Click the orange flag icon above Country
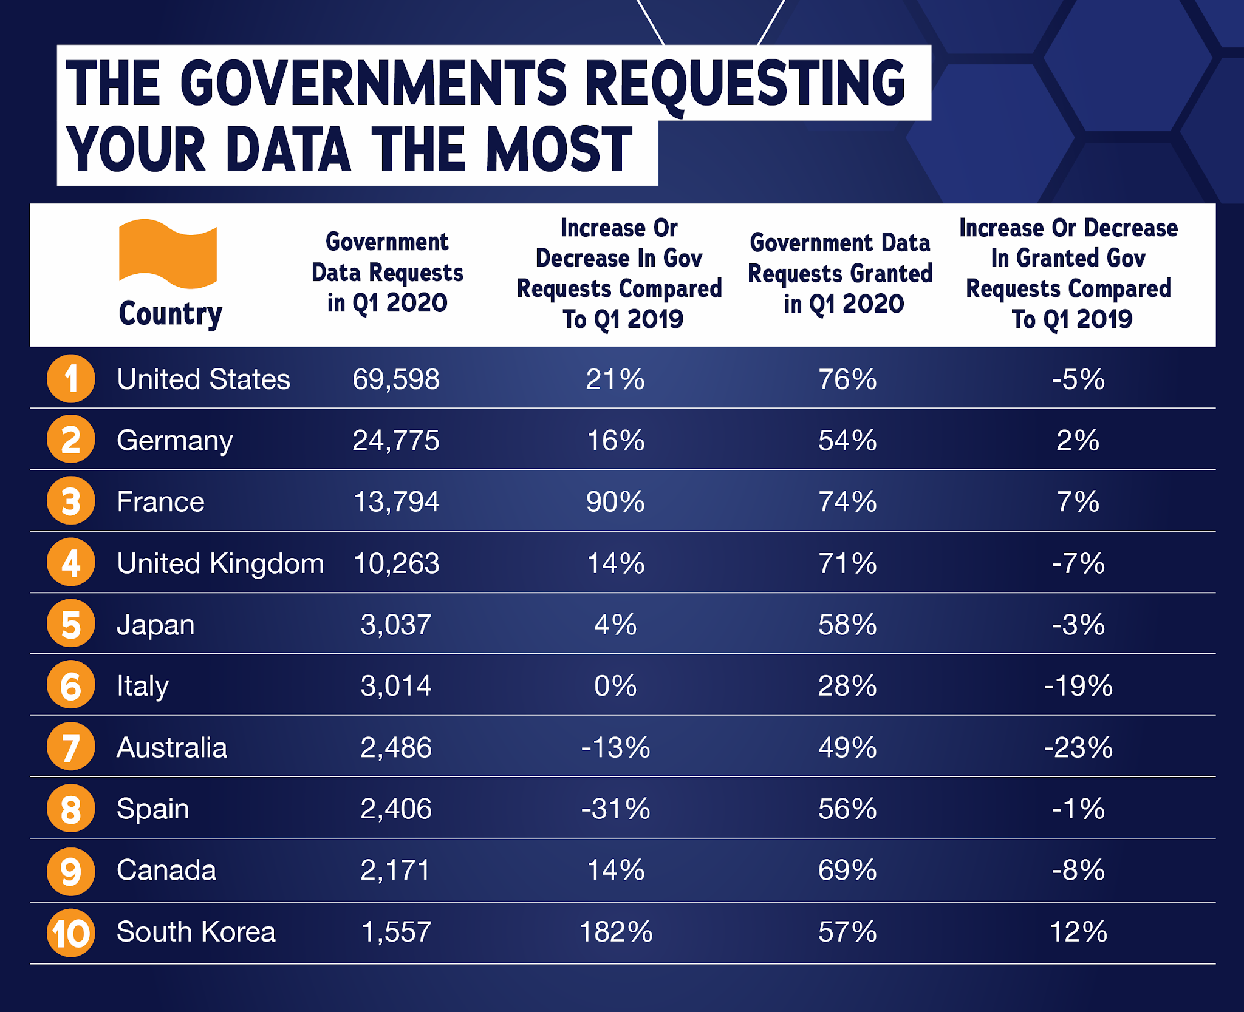coord(168,254)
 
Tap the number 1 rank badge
coord(71,379)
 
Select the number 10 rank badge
coord(71,932)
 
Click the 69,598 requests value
coord(396,379)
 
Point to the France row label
coord(160,502)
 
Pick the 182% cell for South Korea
coord(616,932)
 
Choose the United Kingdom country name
coord(220,563)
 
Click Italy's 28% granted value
coord(847,686)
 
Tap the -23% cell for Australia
coord(1078,747)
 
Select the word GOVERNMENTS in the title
coord(374,83)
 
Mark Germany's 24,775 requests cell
coord(396,441)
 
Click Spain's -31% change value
coord(616,809)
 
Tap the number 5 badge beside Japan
coord(71,624)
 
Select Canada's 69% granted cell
coord(847,870)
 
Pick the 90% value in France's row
coord(615,502)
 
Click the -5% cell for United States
coord(1078,379)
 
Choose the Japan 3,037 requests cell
coord(396,625)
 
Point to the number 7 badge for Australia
coord(71,747)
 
